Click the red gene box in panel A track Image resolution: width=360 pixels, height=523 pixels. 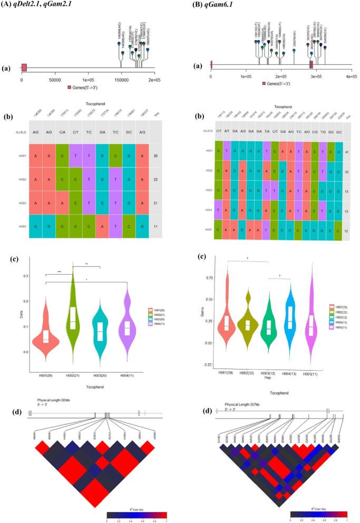24,67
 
